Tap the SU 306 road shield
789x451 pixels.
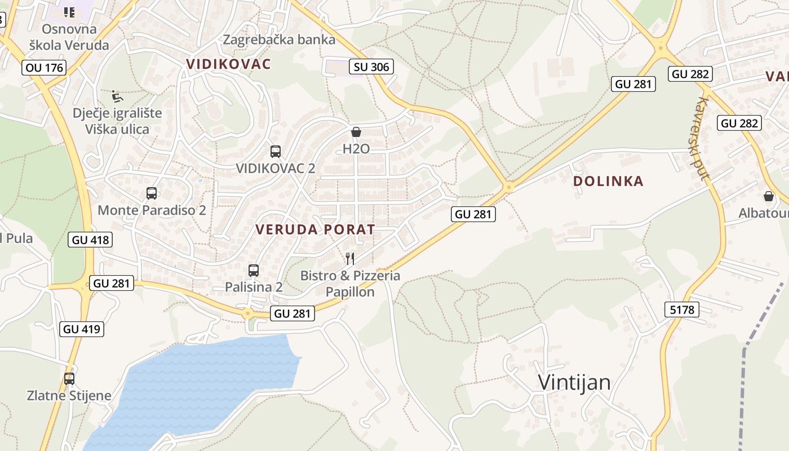point(371,67)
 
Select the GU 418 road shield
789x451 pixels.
point(91,240)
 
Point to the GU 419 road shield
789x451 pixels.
point(82,329)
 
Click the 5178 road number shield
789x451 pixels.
point(682,309)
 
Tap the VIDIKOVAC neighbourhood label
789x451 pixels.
point(229,64)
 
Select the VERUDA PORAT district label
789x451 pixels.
point(315,229)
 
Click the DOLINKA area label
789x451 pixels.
point(608,181)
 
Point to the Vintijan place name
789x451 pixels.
point(574,382)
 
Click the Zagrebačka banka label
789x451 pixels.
point(279,39)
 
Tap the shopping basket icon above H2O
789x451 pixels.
point(356,132)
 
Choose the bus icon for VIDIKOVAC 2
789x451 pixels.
point(276,151)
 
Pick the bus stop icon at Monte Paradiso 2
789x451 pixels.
point(152,193)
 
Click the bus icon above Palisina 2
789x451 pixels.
point(254,271)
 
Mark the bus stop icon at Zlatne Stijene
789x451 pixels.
point(69,379)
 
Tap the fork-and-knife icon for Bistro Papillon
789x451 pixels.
point(350,259)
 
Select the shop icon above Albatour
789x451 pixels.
point(769,196)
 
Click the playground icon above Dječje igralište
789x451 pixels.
point(117,96)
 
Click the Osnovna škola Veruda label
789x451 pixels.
point(69,37)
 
